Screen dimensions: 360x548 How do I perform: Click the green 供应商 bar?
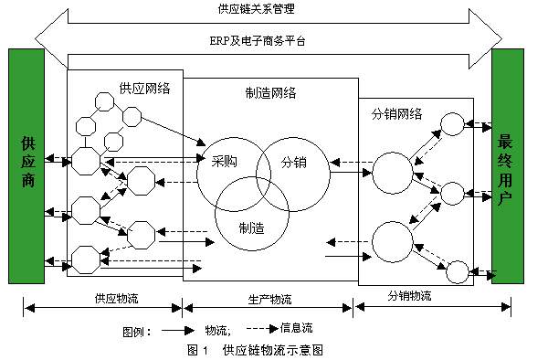pos(26,165)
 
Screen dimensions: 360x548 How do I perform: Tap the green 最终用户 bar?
pos(507,165)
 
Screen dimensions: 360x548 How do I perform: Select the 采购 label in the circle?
pos(223,162)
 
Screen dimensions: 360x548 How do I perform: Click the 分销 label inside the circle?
pos(293,162)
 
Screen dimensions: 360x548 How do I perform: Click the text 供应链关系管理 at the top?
pos(268,11)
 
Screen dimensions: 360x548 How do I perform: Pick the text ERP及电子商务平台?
pos(268,41)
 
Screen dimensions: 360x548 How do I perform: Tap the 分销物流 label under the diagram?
pos(408,296)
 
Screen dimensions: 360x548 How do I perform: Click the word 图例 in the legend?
pos(135,330)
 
